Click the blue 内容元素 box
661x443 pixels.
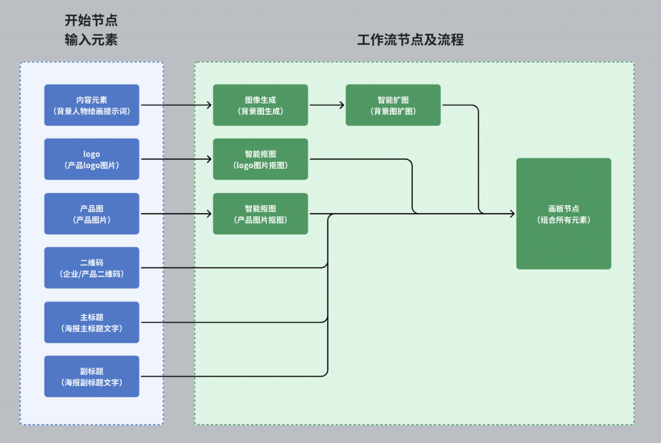92,105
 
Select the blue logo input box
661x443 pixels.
92,159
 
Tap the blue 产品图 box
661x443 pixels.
92,214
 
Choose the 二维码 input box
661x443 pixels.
92,268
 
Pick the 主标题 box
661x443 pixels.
92,322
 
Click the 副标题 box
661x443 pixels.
92,376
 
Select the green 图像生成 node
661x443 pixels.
261,105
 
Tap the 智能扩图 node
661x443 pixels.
393,105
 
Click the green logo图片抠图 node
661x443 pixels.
261,159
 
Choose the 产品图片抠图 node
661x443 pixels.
261,214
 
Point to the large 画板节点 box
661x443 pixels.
563,214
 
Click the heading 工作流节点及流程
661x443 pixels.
411,40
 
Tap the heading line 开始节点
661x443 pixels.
91,20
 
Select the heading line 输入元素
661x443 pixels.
91,40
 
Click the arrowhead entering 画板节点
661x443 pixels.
513,214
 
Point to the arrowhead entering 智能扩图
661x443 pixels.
342,105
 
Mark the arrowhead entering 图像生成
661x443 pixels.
209,105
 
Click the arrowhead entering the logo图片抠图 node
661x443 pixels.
209,159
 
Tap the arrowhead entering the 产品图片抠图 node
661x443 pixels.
209,214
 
